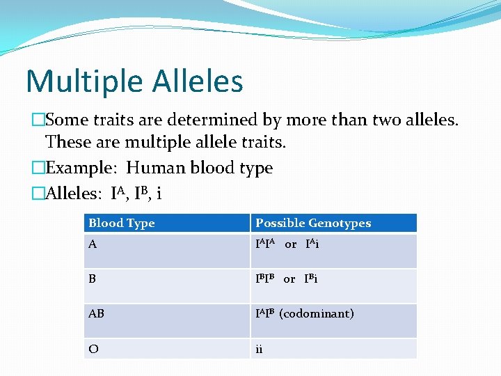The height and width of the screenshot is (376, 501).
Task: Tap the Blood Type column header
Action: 122,224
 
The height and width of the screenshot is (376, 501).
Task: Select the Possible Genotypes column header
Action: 313,224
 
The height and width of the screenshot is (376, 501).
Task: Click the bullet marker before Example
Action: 38,168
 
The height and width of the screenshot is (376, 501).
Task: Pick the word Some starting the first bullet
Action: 65,120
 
